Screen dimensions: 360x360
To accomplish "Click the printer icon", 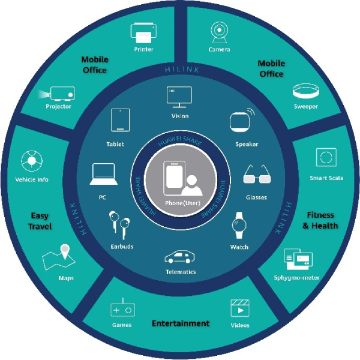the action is click(143, 32).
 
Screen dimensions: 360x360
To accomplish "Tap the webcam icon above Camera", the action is click(219, 32).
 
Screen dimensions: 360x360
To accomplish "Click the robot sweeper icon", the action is click(306, 91).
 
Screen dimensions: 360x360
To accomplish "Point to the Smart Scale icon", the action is click(326, 157).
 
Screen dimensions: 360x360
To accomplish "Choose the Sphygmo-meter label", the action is click(296, 278).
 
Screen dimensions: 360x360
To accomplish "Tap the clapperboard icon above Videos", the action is click(239, 308).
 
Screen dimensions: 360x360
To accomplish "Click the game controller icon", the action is click(122, 308).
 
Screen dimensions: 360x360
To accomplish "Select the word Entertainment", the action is click(181, 323).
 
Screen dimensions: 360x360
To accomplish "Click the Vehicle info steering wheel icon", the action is click(32, 161).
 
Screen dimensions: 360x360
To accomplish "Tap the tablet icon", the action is click(120, 120).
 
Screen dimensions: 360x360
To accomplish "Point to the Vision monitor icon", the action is click(179, 97).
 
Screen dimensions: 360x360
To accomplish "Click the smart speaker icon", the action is click(242, 121).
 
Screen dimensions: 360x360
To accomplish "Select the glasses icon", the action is click(257, 174).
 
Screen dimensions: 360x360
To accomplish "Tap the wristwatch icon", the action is click(239, 225).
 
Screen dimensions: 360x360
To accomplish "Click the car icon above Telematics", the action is click(179, 257).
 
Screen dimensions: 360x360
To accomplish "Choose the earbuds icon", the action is click(119, 225).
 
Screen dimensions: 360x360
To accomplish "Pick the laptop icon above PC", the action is click(103, 174).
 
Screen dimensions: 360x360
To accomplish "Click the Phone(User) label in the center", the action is click(182, 203).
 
